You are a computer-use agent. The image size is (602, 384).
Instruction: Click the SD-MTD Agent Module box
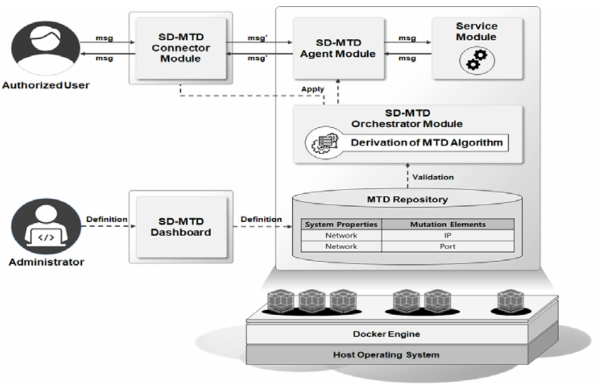point(338,47)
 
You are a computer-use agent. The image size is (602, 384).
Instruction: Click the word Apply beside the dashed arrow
point(313,89)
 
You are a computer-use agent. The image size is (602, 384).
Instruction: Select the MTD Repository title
point(407,199)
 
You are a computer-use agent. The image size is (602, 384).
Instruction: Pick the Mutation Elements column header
point(447,224)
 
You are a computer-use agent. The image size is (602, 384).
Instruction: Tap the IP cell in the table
point(447,236)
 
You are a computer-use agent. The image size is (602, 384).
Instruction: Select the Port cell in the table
point(447,247)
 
